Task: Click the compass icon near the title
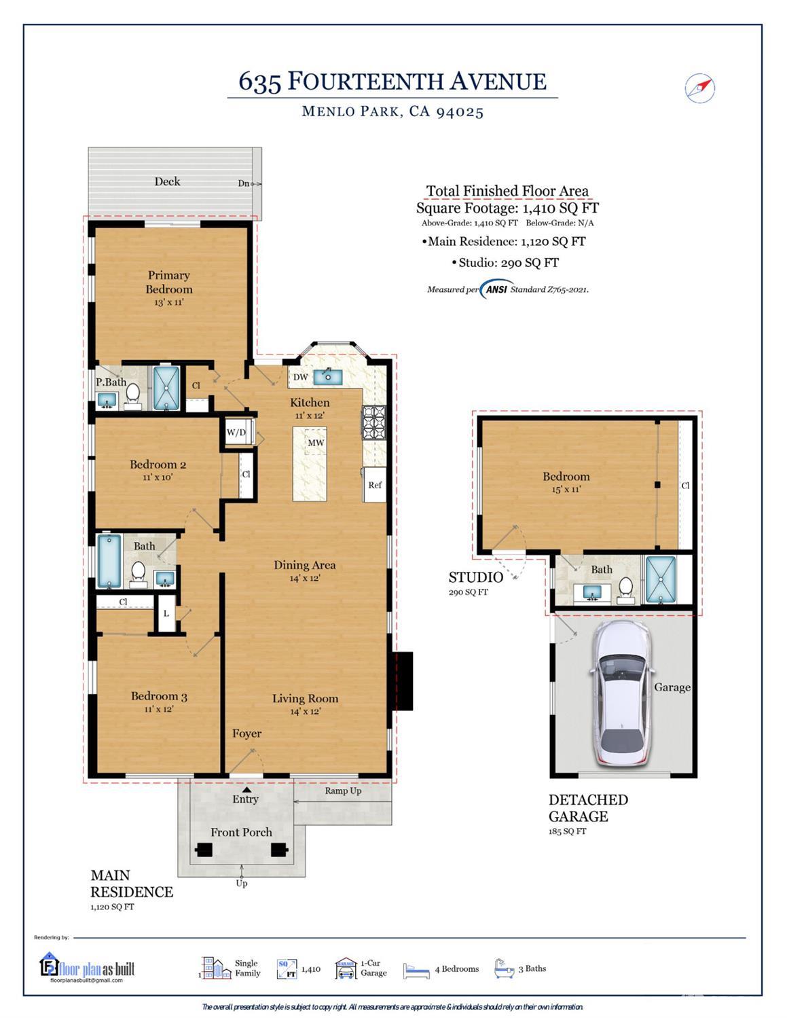(699, 88)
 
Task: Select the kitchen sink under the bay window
(328, 376)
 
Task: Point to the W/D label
(236, 432)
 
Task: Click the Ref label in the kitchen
(375, 485)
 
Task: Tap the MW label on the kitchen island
(316, 442)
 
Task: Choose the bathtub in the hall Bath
(109, 561)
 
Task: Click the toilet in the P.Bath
(133, 397)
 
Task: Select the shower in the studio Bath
(661, 579)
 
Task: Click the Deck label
(167, 181)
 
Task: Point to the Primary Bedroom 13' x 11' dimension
(169, 302)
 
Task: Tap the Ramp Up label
(343, 790)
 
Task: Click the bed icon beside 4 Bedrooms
(416, 970)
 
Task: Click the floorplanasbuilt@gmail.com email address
(86, 980)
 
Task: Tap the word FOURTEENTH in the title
(365, 81)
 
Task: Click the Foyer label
(247, 733)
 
